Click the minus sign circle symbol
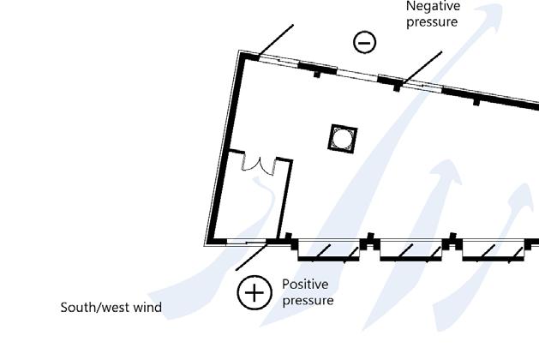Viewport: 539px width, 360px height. (x=365, y=41)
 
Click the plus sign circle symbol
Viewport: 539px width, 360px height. (x=254, y=292)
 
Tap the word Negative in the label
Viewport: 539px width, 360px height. (x=433, y=6)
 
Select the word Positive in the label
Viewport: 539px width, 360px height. (x=305, y=284)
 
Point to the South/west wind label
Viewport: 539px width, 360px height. (x=111, y=307)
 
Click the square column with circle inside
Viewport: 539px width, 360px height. (x=343, y=138)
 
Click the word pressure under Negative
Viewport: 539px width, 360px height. (x=432, y=21)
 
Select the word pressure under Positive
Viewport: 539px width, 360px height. (x=308, y=300)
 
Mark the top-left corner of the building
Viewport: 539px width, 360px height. (x=243, y=54)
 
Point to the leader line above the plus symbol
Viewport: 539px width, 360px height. (x=250, y=257)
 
